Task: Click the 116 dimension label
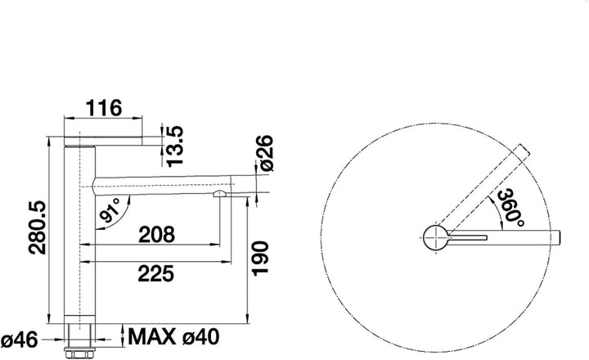pyautogui.click(x=104, y=108)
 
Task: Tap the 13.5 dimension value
pyautogui.click(x=175, y=146)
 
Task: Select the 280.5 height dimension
pyautogui.click(x=38, y=227)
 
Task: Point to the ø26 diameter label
pyautogui.click(x=266, y=153)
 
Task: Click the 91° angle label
pyautogui.click(x=110, y=209)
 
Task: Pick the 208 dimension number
pyautogui.click(x=156, y=235)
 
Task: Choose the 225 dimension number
pyautogui.click(x=156, y=273)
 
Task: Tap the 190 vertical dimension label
pyautogui.click(x=260, y=259)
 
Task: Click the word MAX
pyautogui.click(x=152, y=336)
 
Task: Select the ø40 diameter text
pyautogui.click(x=200, y=337)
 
